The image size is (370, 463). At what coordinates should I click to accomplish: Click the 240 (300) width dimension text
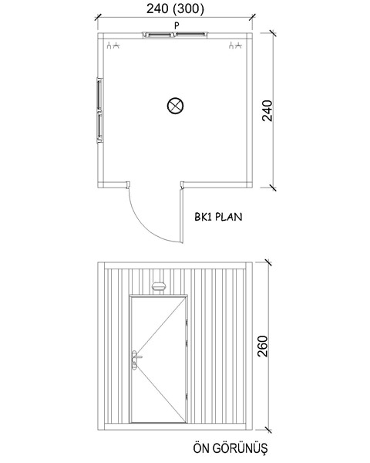click(175, 8)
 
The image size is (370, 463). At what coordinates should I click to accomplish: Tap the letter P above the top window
click(177, 26)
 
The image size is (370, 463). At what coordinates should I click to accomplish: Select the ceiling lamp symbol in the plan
click(175, 106)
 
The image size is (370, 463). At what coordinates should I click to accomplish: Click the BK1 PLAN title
click(218, 217)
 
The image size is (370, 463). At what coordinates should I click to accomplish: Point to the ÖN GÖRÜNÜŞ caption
click(230, 448)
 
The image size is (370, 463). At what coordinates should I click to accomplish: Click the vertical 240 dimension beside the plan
click(267, 110)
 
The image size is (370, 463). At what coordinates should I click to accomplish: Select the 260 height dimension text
click(263, 346)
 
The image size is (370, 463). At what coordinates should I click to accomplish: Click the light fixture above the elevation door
click(159, 286)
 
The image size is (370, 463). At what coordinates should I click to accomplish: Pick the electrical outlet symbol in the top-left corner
click(113, 46)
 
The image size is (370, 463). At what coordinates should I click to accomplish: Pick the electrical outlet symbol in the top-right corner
click(235, 46)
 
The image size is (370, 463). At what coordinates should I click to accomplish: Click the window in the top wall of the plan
click(175, 35)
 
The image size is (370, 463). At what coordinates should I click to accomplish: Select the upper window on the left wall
click(99, 94)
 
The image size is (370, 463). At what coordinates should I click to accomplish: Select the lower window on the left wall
click(99, 127)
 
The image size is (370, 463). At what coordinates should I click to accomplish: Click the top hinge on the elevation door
click(187, 323)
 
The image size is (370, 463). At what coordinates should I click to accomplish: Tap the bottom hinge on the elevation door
click(187, 397)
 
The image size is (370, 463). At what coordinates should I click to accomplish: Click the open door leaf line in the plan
click(182, 215)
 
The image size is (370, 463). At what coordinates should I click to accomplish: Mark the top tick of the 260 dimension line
click(268, 262)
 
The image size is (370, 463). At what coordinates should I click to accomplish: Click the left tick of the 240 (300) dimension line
click(98, 17)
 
